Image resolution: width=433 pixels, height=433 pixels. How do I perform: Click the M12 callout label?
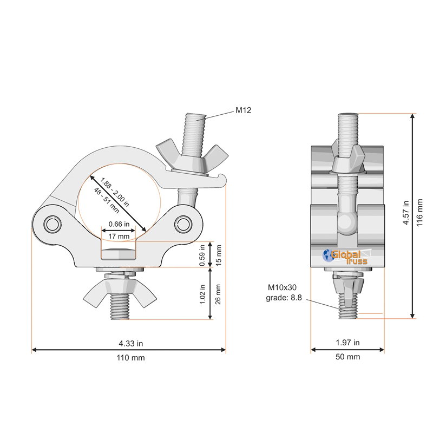243,110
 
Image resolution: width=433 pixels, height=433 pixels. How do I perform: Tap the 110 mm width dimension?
130,358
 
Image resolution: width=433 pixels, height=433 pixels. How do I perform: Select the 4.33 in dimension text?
130,344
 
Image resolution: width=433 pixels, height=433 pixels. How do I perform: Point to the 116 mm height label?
419,213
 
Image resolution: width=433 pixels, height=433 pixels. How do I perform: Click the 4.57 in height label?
405,213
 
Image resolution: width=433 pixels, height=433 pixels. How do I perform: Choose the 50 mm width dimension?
347,357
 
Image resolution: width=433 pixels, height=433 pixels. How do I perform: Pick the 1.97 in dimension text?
347,343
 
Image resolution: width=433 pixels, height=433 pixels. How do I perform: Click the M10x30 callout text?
282,287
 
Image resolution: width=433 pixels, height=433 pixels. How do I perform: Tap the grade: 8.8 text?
284,298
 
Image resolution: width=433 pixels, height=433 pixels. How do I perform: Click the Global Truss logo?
345,257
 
